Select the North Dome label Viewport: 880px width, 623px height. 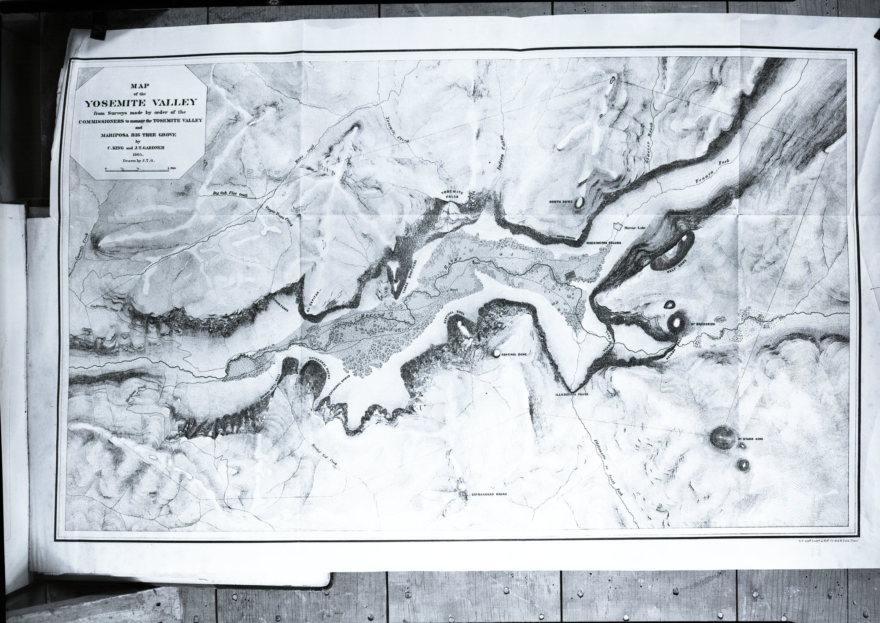561,202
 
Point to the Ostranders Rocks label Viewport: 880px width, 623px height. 489,494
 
